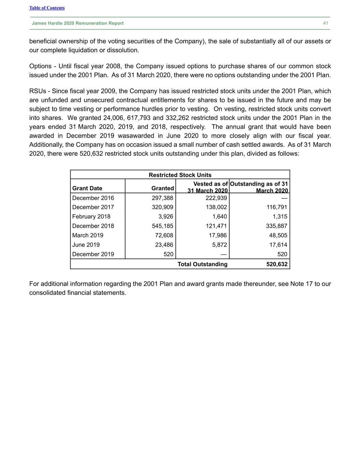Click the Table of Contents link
(x=47, y=8)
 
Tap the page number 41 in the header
(x=326, y=23)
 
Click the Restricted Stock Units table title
(x=180, y=175)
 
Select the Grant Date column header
(x=87, y=188)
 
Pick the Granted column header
(x=162, y=188)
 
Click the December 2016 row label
(x=93, y=198)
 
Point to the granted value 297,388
(x=162, y=198)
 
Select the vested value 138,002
(x=216, y=207)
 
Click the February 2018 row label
(x=91, y=216)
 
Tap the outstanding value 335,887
(x=276, y=226)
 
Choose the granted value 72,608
(x=164, y=235)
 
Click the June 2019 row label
(x=86, y=245)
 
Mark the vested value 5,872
(x=219, y=245)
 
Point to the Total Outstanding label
(x=202, y=264)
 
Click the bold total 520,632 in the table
(x=277, y=264)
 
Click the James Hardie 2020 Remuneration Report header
(x=78, y=23)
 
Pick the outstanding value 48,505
(x=278, y=235)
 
